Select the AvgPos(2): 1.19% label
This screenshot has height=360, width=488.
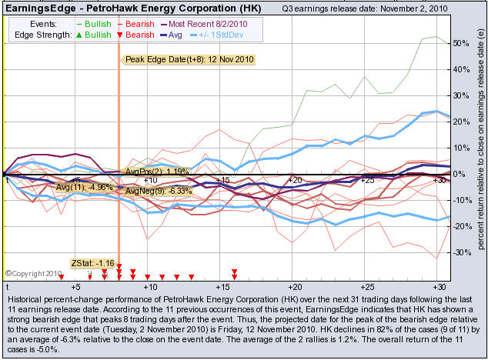tap(157, 172)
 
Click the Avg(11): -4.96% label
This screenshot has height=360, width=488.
tap(85, 186)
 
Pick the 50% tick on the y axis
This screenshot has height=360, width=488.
tap(457, 43)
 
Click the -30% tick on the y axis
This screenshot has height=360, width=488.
tap(457, 252)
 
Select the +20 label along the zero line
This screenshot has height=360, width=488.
tap(294, 179)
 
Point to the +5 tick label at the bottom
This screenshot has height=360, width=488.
tap(75, 286)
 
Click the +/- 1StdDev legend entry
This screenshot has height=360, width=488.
tap(231, 35)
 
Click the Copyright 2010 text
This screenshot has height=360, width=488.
tap(34, 273)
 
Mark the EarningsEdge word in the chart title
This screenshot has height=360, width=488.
tap(35, 8)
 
